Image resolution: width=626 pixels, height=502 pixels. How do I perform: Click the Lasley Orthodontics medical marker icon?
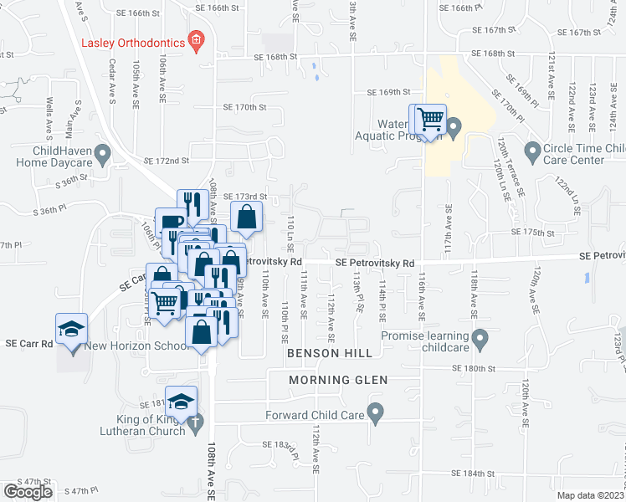[x=197, y=40]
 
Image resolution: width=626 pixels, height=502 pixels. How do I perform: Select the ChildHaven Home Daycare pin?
[x=102, y=152]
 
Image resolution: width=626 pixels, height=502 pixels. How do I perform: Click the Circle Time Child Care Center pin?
[x=531, y=151]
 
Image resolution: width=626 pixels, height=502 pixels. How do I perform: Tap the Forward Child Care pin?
[x=376, y=412]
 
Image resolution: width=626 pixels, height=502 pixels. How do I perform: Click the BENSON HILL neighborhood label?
[x=326, y=354]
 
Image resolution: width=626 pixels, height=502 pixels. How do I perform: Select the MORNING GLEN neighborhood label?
[x=338, y=380]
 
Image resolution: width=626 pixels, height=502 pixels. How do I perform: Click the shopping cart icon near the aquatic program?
[x=430, y=120]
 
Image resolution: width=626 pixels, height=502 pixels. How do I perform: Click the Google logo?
[x=28, y=492]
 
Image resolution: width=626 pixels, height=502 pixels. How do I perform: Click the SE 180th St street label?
[x=474, y=368]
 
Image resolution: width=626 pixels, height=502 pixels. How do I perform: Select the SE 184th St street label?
[x=474, y=473]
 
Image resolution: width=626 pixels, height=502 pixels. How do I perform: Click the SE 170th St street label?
[x=244, y=107]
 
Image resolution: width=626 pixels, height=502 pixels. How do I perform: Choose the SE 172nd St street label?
[x=167, y=160]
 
